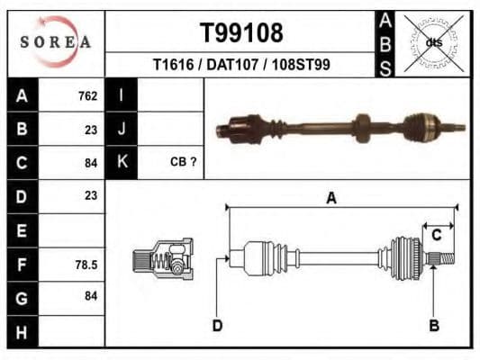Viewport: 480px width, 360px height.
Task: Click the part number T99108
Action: click(x=240, y=33)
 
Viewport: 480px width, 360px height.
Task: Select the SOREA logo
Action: click(x=56, y=41)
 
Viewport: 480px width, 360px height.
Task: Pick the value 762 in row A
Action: click(x=87, y=96)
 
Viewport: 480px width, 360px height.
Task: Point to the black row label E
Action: click(x=22, y=230)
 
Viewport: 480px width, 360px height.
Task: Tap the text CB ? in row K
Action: click(x=183, y=162)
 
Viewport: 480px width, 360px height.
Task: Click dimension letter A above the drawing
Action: click(x=331, y=198)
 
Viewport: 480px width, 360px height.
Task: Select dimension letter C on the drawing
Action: click(x=436, y=235)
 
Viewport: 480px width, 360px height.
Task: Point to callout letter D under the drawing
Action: click(x=217, y=325)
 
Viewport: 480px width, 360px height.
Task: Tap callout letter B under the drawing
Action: click(x=434, y=325)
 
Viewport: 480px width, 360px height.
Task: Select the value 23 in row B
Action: click(x=90, y=129)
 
